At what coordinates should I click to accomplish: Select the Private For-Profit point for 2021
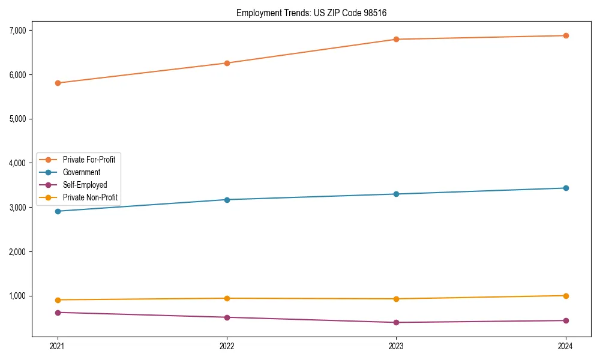pos(58,83)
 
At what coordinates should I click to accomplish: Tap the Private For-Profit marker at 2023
pos(396,40)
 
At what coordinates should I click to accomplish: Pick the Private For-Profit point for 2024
pos(566,35)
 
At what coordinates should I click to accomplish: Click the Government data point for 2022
pos(227,200)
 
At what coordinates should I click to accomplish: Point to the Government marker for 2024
pos(566,188)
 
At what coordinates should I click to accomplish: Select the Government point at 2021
pos(58,211)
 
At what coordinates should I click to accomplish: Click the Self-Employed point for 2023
pos(396,322)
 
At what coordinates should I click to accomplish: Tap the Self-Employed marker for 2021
pos(58,313)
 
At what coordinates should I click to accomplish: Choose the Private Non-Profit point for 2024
pos(566,296)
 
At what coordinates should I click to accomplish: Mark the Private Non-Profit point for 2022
pos(227,298)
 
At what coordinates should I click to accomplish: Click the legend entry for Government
pos(82,172)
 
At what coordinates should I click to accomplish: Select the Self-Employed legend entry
pos(85,185)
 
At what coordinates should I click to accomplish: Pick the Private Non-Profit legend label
pos(90,197)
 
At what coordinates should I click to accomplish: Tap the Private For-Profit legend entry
pos(89,160)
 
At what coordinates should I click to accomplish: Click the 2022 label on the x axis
pos(227,346)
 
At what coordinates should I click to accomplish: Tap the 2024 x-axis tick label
pos(566,346)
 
